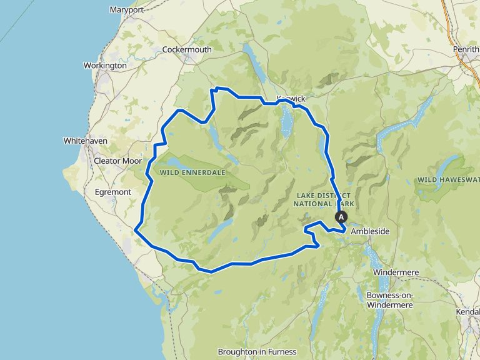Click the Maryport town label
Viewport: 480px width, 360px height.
pyautogui.click(x=126, y=10)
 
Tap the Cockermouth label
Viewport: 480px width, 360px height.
pyautogui.click(x=187, y=49)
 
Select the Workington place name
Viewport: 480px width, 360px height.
pyautogui.click(x=105, y=65)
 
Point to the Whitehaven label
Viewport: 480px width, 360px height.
pyautogui.click(x=86, y=141)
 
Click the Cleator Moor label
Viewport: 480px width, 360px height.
pyautogui.click(x=117, y=161)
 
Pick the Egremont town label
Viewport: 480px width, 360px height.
pyautogui.click(x=112, y=192)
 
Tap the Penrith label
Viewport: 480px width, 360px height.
pyautogui.click(x=466, y=49)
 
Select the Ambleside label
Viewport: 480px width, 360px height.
pyautogui.click(x=370, y=231)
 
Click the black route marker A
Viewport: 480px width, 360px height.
pyautogui.click(x=341, y=217)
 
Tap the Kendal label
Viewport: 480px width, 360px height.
pyautogui.click(x=469, y=311)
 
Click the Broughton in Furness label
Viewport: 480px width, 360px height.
pyautogui.click(x=257, y=352)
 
